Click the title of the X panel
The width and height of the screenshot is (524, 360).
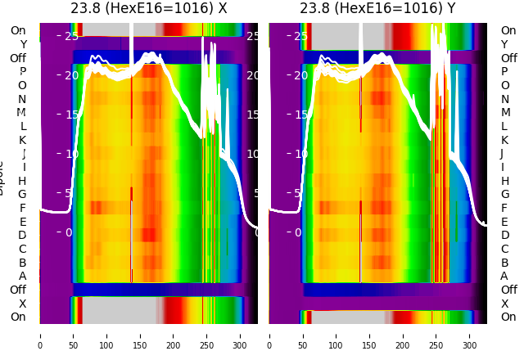point(148,8)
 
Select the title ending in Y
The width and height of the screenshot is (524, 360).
point(377,8)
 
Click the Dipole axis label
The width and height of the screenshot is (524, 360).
point(2,177)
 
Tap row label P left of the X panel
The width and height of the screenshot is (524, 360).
point(22,72)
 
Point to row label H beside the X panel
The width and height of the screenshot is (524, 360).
point(22,181)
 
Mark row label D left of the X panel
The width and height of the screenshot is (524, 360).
point(22,236)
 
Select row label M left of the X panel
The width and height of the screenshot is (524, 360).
point(21,113)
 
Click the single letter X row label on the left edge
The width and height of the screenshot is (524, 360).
point(22,304)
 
